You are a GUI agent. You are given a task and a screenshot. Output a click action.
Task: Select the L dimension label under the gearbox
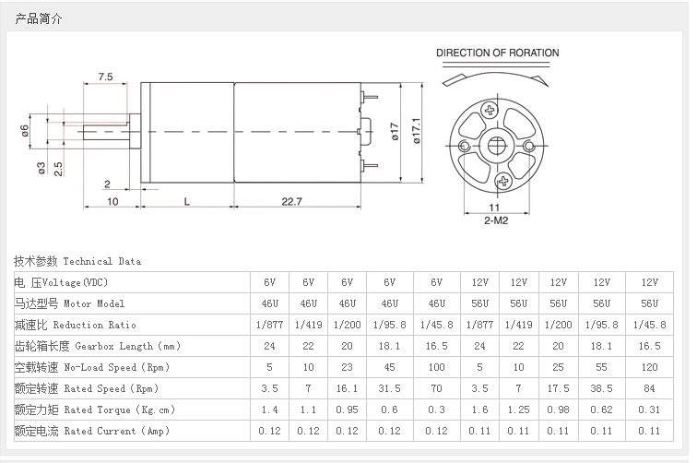point(187,200)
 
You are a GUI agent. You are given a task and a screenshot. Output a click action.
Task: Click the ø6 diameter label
point(25,131)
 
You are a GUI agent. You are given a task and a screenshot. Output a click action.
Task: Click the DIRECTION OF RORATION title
point(497,53)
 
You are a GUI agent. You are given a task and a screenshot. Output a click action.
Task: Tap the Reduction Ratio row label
point(75,325)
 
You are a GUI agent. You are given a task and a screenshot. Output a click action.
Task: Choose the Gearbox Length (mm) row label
point(97,346)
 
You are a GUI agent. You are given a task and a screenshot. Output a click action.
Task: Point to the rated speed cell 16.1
point(347,388)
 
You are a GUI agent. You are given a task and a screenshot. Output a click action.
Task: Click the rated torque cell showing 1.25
point(518,410)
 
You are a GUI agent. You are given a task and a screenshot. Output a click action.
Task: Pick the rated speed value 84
point(649,388)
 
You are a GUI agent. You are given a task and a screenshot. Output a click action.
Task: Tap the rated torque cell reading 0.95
point(347,410)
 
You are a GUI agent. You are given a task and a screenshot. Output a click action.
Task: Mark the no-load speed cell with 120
point(649,367)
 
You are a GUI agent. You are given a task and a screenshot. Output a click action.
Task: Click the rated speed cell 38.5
point(601,388)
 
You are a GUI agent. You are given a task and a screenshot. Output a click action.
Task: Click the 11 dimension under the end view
point(494,208)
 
